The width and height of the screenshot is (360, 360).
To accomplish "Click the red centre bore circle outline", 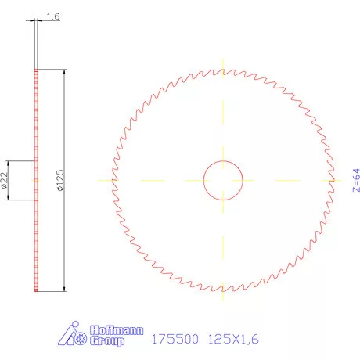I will pos(204,180).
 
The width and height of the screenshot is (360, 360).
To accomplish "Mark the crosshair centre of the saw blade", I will pos(224,180).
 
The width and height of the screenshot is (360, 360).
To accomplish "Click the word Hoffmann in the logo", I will pos(118,331).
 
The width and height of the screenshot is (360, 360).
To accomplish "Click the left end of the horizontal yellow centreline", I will pos(98,180).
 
